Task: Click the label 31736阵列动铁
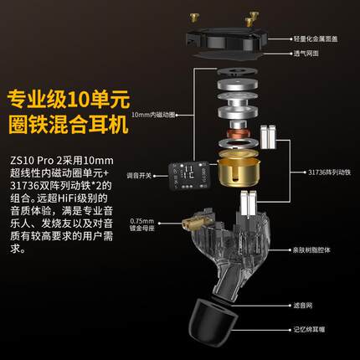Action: point(317,171)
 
